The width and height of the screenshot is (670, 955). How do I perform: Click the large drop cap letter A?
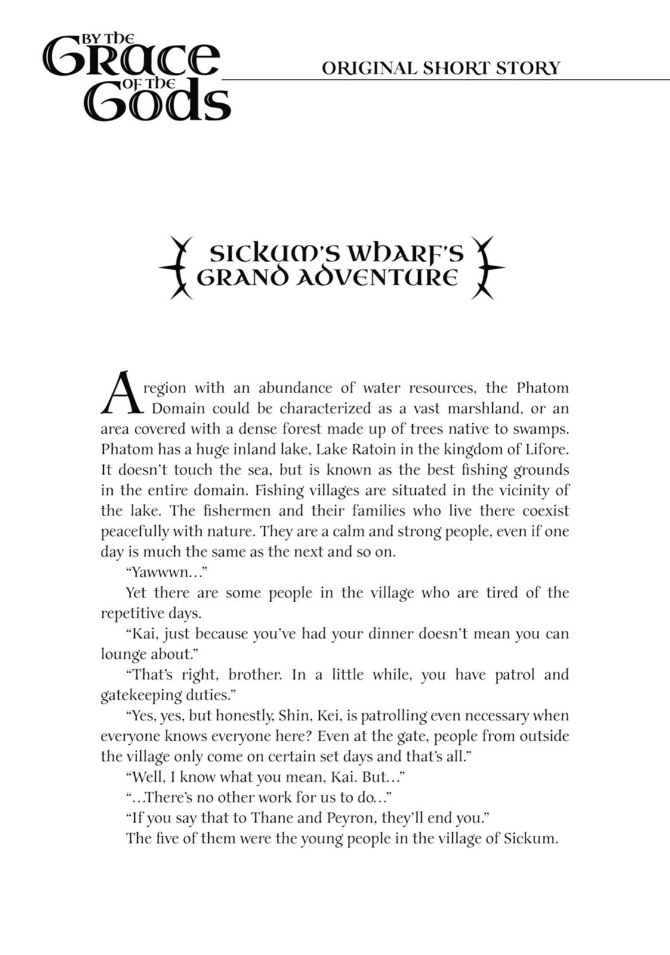click(122, 393)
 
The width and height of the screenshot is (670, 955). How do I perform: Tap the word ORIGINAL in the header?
click(369, 68)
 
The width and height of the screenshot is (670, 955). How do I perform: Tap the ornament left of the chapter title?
click(176, 267)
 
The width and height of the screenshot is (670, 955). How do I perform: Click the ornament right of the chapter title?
click(486, 267)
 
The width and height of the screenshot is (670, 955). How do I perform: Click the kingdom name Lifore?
click(548, 449)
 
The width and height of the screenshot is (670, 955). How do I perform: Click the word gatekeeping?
click(141, 695)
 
